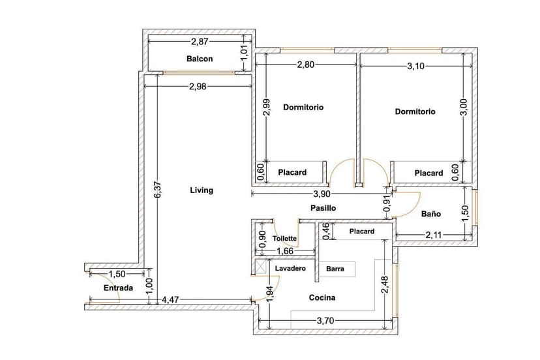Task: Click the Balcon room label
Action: (x=199, y=59)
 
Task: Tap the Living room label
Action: (x=201, y=190)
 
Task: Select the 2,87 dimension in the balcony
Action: (x=200, y=42)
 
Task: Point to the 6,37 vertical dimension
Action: (x=157, y=190)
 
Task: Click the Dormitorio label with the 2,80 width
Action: (x=303, y=107)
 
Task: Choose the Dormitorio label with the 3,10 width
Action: (x=415, y=112)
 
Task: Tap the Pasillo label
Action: (x=322, y=208)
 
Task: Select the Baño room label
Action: (x=430, y=213)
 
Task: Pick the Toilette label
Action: (x=285, y=239)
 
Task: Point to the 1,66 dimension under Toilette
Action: (x=284, y=251)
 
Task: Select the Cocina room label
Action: (x=322, y=297)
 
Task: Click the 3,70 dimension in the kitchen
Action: (x=327, y=321)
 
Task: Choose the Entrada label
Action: (x=118, y=288)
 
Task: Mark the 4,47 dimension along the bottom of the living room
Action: (x=170, y=299)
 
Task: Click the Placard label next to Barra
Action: (x=361, y=232)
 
